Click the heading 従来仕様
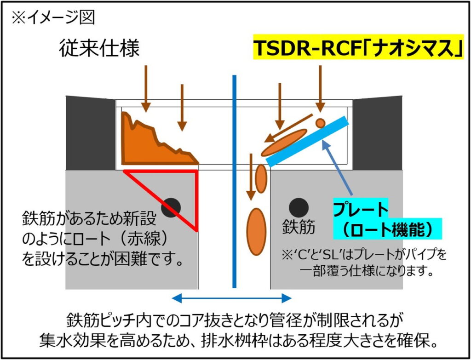(99, 48)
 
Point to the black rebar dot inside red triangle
(171, 207)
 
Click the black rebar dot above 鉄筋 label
(298, 207)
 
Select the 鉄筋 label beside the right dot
(299, 227)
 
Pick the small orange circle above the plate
(320, 123)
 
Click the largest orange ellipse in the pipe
(256, 231)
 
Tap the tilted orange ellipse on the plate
(284, 143)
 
